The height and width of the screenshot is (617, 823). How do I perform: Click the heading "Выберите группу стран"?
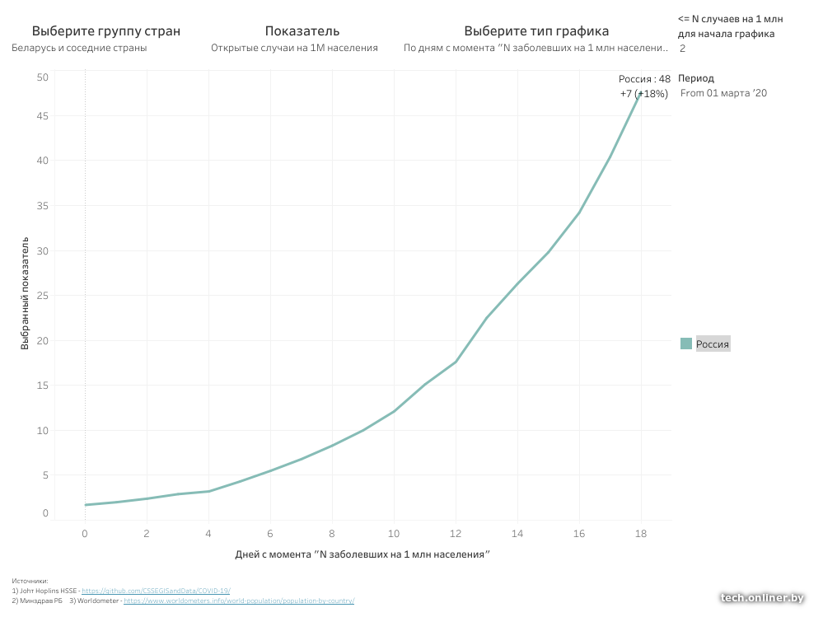click(x=105, y=31)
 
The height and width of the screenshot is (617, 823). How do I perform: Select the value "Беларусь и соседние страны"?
click(x=79, y=48)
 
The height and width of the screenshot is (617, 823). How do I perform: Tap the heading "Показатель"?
click(x=302, y=31)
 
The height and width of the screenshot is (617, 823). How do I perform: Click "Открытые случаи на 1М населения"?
click(x=294, y=48)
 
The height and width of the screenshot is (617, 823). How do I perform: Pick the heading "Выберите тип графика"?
click(x=536, y=31)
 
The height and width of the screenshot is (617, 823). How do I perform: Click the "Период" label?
click(x=696, y=78)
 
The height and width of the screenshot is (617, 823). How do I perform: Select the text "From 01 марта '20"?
click(x=723, y=93)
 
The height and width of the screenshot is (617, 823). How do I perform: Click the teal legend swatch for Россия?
click(x=686, y=344)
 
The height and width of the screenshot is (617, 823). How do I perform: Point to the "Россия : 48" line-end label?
click(x=644, y=79)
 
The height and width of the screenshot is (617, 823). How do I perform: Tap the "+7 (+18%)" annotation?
click(x=643, y=94)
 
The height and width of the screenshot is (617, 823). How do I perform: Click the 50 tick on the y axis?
click(x=43, y=77)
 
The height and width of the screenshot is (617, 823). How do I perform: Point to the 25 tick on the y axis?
click(x=43, y=296)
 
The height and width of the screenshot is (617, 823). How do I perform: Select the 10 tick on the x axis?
click(x=394, y=534)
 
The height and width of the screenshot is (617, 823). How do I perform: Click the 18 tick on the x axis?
click(x=641, y=534)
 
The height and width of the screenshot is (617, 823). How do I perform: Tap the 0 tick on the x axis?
click(x=85, y=534)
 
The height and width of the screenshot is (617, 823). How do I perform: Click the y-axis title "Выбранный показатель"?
click(x=26, y=294)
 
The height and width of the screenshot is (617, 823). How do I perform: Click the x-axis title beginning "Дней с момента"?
click(x=362, y=554)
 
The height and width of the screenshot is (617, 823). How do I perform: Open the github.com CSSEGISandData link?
click(x=156, y=591)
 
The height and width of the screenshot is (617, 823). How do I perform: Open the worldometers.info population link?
click(x=239, y=601)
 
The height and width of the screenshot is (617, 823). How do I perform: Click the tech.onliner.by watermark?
click(x=762, y=598)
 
